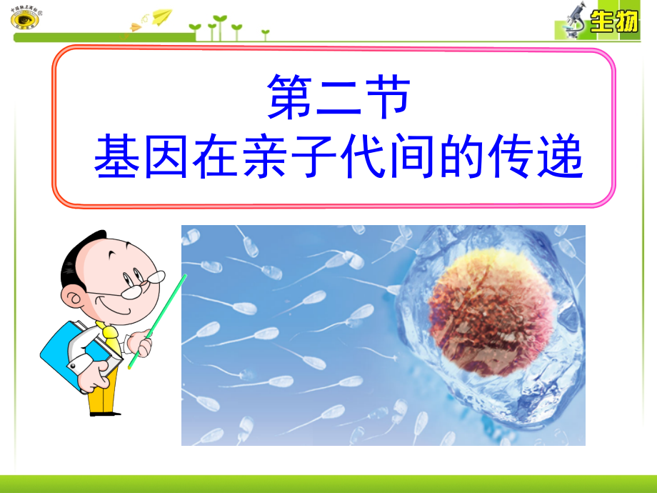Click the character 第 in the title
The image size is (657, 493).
[x=291, y=98]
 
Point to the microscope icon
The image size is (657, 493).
[x=572, y=20]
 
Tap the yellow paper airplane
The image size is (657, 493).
[x=163, y=15]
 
